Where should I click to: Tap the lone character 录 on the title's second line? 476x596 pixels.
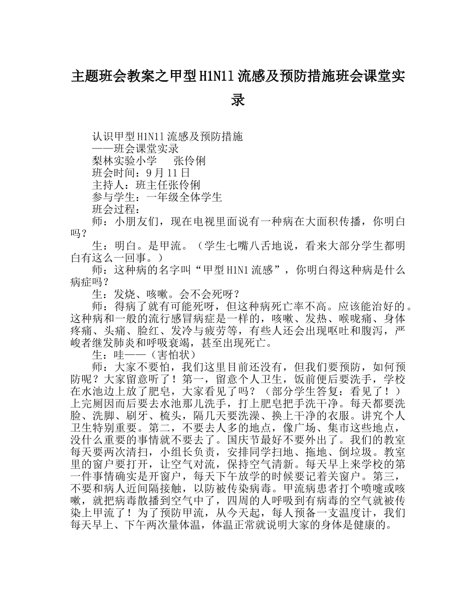(238, 100)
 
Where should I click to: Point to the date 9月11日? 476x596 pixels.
(156, 173)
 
